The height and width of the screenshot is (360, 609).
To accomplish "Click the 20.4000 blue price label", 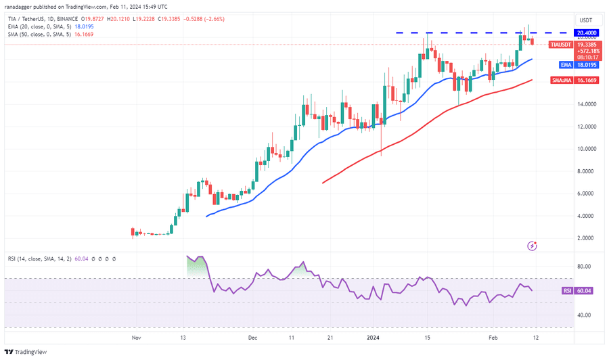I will (x=586, y=32).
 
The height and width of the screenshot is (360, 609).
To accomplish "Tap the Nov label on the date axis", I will (x=136, y=336).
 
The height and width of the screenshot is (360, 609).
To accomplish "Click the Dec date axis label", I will (x=253, y=336).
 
